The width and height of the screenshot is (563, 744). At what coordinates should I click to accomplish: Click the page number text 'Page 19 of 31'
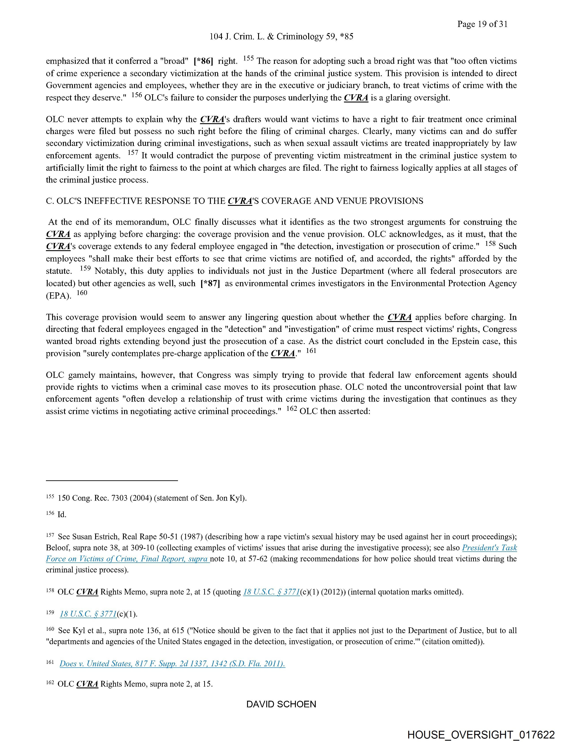(482, 24)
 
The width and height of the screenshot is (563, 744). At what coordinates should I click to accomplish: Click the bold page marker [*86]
(204, 61)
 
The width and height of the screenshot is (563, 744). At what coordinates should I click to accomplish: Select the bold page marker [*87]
(210, 284)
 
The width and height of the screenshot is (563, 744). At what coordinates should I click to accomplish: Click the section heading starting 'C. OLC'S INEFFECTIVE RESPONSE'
(234, 201)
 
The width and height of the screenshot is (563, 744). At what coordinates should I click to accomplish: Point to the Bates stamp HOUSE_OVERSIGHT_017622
(481, 734)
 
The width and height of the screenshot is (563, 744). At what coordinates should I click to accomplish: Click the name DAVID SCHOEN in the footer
(281, 704)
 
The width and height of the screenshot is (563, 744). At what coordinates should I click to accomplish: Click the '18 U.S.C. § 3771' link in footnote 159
(88, 614)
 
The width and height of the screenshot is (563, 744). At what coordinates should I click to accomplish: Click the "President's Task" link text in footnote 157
(489, 548)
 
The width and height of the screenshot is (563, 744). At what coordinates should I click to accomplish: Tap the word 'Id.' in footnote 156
(62, 515)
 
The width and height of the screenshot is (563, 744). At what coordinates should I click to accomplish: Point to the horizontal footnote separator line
(112, 481)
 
